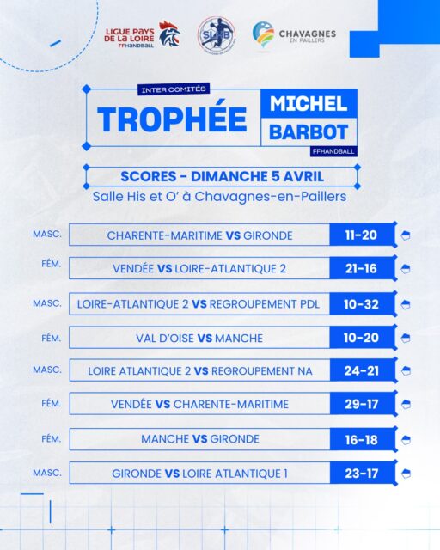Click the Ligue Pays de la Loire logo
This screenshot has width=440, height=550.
141,35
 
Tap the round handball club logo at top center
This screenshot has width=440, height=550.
216,35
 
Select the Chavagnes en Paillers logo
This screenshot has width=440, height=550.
294,35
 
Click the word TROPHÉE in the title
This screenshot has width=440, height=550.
172,119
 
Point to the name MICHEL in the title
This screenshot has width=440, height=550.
309,104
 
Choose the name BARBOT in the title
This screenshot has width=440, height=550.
309,133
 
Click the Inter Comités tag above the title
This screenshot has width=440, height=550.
174,89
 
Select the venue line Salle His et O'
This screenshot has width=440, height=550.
219,196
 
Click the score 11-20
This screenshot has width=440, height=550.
362,235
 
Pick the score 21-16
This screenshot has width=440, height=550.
362,269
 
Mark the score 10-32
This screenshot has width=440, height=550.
362,303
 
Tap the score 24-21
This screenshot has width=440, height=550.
362,371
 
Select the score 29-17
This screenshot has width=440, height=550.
362,405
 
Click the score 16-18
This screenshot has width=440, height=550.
362,439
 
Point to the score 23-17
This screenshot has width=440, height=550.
362,473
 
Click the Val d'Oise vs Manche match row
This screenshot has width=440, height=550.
199,338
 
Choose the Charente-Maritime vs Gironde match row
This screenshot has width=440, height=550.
199,235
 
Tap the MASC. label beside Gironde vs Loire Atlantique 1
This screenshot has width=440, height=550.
47,472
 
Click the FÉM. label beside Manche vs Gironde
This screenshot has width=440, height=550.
50,437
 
